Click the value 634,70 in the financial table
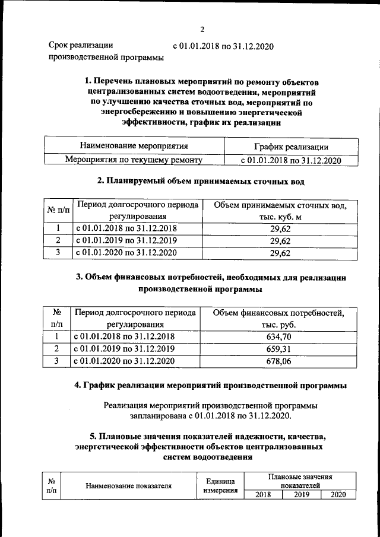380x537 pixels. [x=279, y=336]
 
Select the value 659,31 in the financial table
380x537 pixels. [x=279, y=348]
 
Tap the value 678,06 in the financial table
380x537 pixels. [x=279, y=361]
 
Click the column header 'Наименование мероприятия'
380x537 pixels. [x=134, y=146]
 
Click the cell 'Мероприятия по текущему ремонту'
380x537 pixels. [x=134, y=160]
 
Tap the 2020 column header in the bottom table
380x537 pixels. [x=338, y=494]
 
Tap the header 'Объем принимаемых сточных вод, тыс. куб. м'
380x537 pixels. [x=279, y=211]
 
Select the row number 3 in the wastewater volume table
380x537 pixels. [x=58, y=253]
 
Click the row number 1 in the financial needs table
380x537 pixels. [x=58, y=336]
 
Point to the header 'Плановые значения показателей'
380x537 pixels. [x=299, y=481]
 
